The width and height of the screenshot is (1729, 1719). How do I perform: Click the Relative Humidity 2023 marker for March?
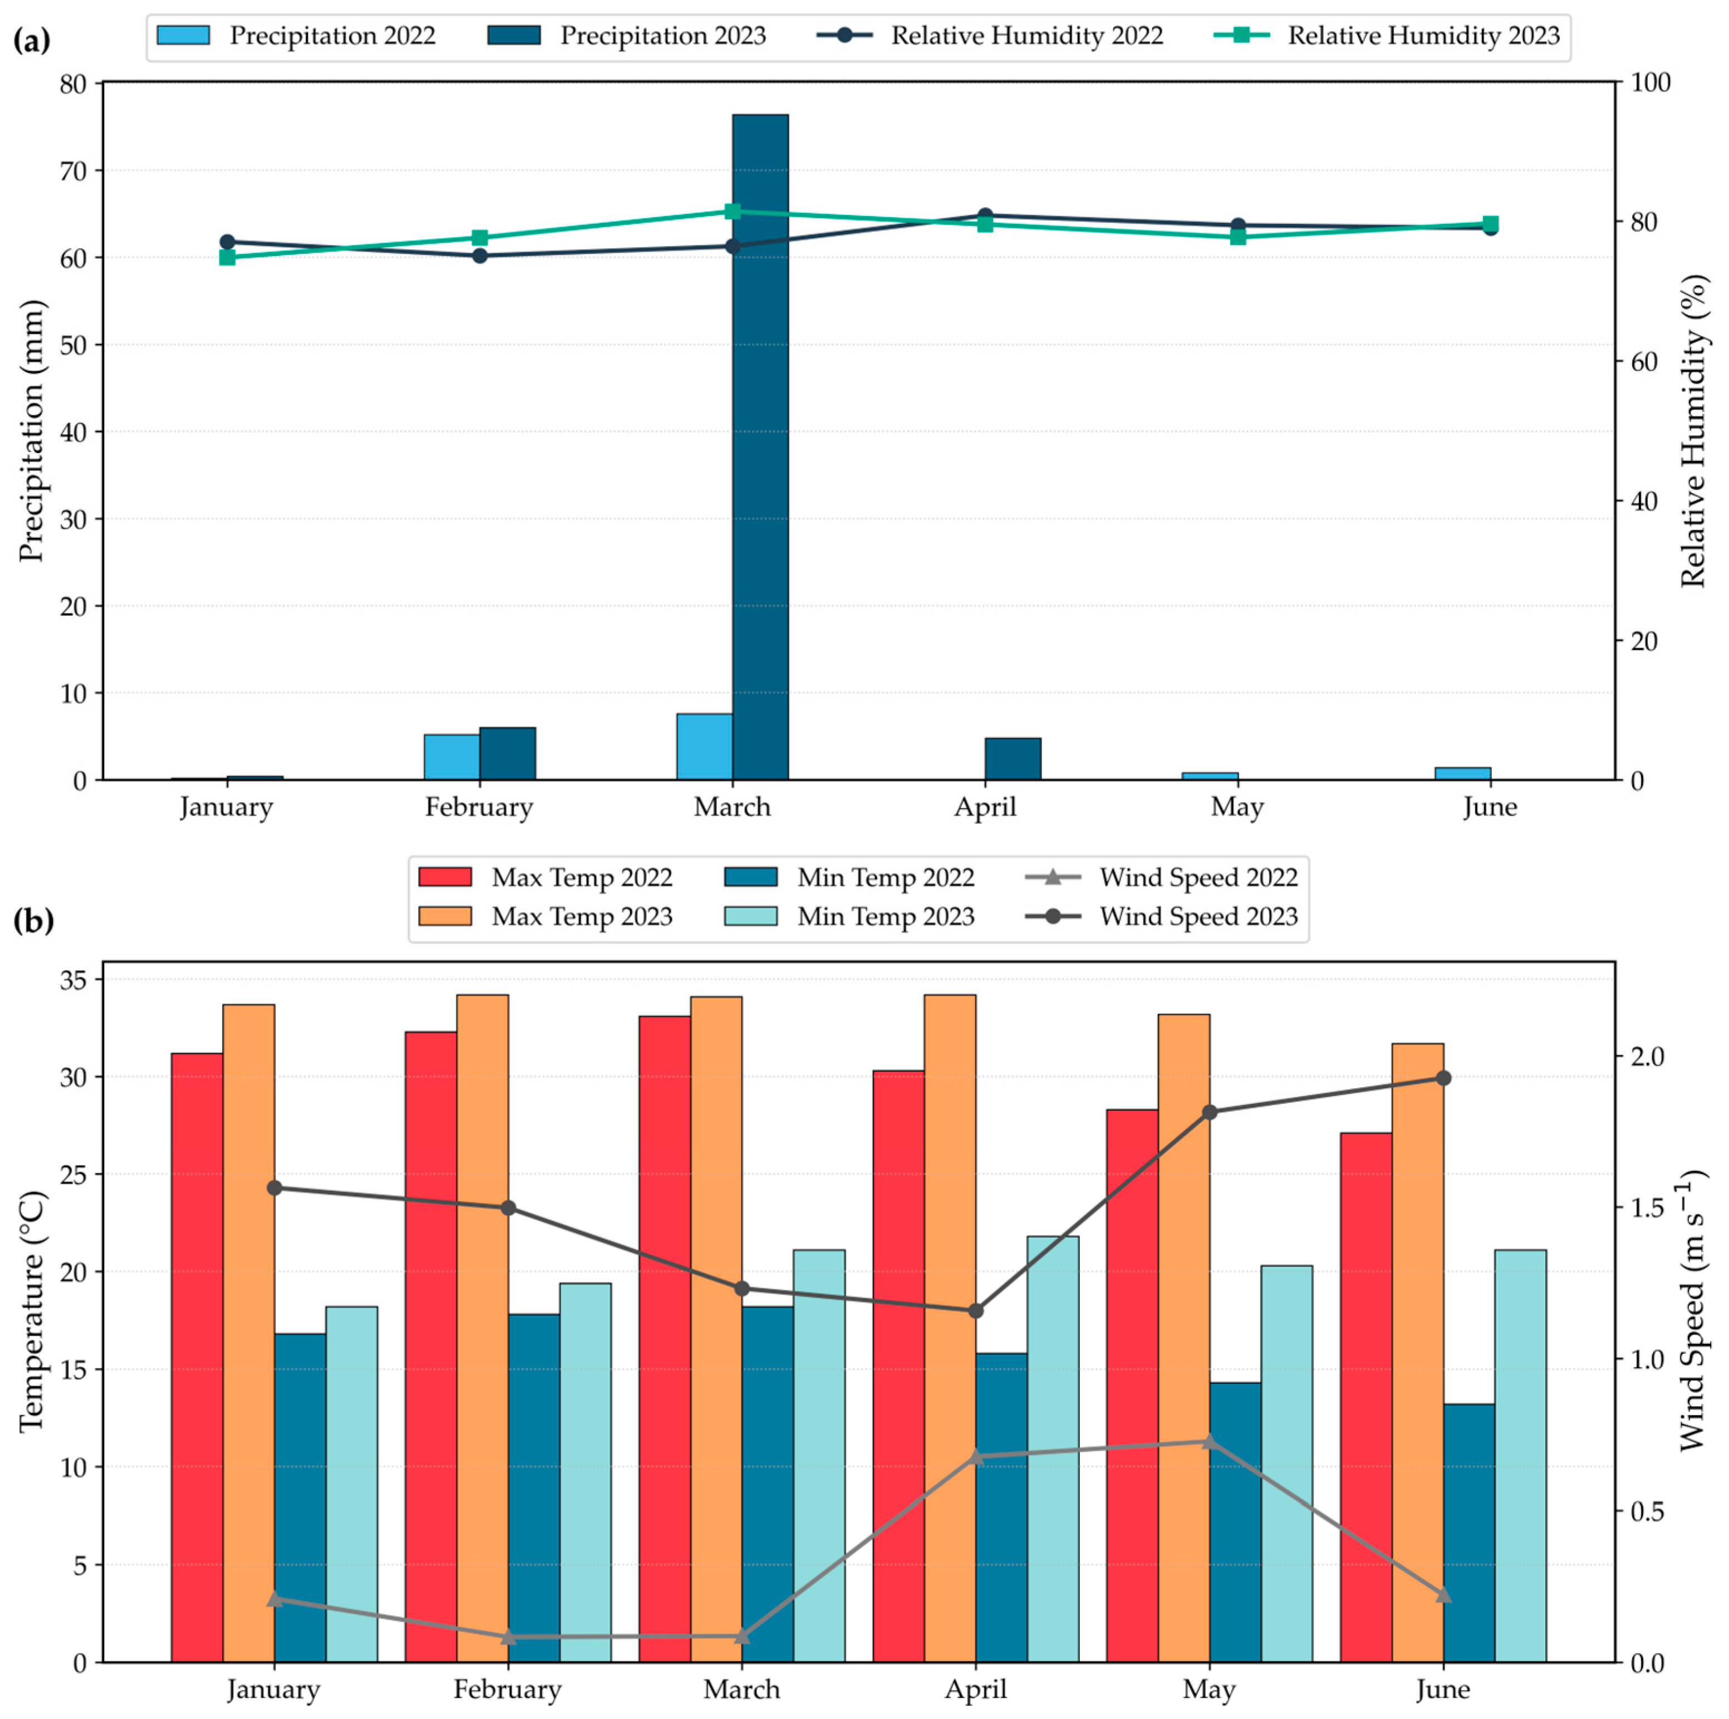click(732, 211)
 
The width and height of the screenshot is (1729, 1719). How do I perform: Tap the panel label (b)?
click(33, 920)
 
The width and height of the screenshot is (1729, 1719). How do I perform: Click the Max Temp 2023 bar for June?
click(1418, 1352)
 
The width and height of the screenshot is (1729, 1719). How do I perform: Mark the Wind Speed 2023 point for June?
click(1443, 1078)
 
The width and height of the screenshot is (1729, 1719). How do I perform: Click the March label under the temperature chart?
click(742, 1689)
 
